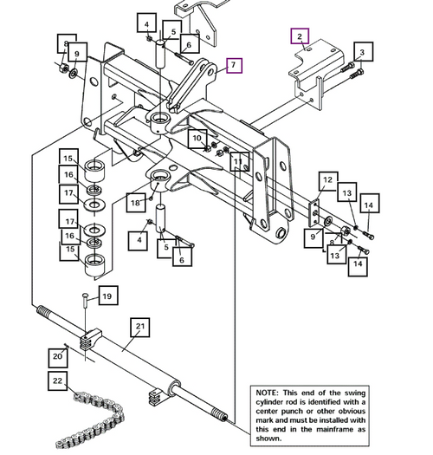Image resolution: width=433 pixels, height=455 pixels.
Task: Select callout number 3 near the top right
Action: pyautogui.click(x=362, y=53)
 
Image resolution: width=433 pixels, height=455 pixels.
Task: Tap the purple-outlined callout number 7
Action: pyautogui.click(x=232, y=65)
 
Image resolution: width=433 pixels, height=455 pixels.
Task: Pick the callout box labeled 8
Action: pyautogui.click(x=63, y=42)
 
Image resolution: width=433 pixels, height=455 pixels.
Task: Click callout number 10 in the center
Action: pyautogui.click(x=197, y=138)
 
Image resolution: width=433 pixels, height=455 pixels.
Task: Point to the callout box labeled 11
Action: pyautogui.click(x=236, y=162)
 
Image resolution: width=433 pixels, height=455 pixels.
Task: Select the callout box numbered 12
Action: pyautogui.click(x=326, y=180)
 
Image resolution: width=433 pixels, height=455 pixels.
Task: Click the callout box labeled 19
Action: pyautogui.click(x=107, y=296)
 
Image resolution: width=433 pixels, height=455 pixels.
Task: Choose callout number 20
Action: pyautogui.click(x=57, y=355)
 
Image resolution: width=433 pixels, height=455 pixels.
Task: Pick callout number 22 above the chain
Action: pyautogui.click(x=56, y=380)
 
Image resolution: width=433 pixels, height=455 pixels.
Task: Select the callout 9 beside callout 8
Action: pyautogui.click(x=77, y=54)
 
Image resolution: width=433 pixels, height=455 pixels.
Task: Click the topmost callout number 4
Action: pyautogui.click(x=148, y=24)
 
